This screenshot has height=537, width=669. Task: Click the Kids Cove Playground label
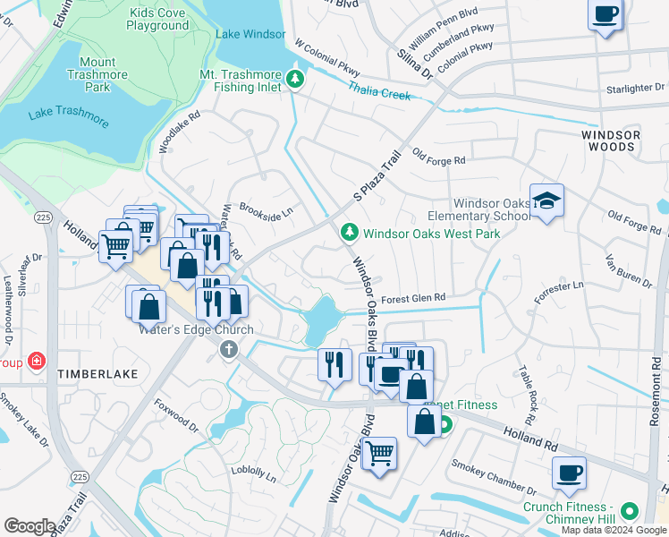pos(158,19)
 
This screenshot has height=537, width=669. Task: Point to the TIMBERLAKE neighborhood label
pos(97,373)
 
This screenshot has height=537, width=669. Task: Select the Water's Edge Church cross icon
pos(228,349)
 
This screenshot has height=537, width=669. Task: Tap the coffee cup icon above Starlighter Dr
pos(605,15)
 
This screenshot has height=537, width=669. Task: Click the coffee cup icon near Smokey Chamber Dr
pos(568,473)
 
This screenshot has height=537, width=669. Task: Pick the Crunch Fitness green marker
pos(629,512)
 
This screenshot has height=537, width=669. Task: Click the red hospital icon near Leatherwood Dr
pos(36,361)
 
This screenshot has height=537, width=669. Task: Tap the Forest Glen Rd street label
pos(412,299)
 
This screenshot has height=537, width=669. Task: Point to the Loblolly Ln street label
pos(253,473)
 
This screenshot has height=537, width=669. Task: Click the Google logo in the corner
pos(30,526)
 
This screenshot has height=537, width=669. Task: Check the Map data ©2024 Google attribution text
pos(614,530)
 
